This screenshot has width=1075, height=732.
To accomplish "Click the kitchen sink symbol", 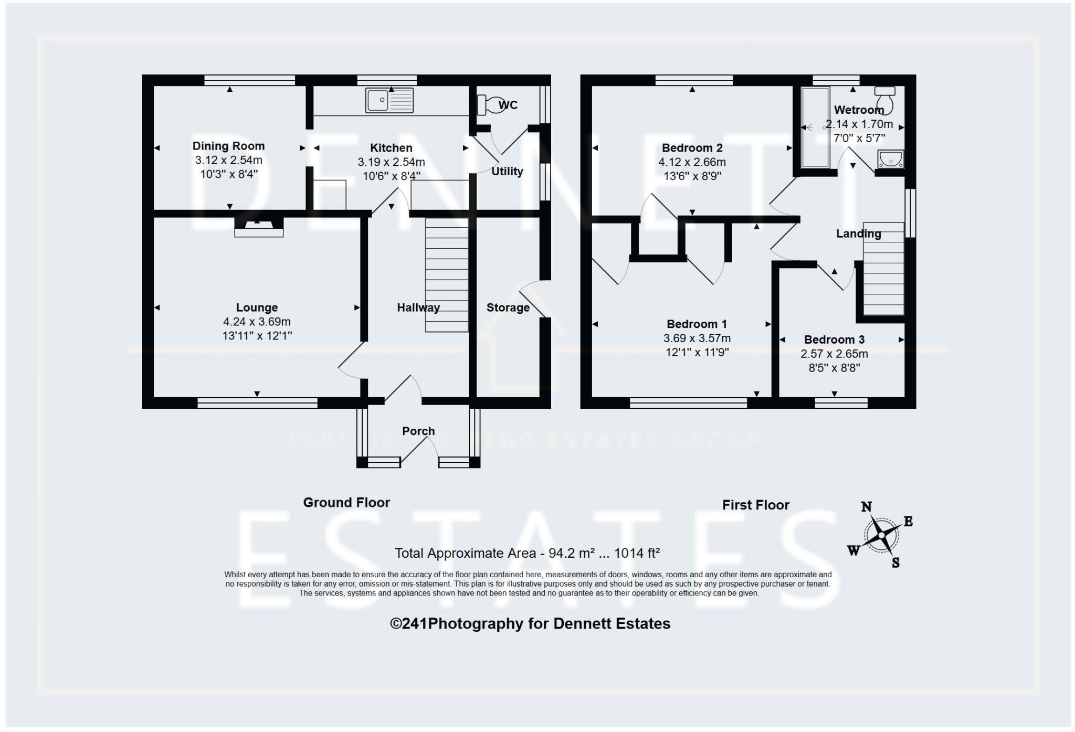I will tap(389, 100).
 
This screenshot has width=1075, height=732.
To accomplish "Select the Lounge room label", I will tap(257, 307).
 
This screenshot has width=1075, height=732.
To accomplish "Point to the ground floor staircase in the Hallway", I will tap(446, 275).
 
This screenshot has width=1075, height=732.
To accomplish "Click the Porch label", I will tap(418, 431).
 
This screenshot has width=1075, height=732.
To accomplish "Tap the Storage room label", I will tap(508, 307).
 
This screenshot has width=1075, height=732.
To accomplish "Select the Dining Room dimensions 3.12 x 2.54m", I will tap(228, 160).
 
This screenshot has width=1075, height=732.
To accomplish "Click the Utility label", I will tap(507, 172).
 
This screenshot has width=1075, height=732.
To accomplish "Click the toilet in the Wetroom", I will tap(885, 98).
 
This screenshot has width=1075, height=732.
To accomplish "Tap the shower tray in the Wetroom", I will tap(815, 128).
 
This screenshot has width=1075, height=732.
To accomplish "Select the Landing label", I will tap(858, 234).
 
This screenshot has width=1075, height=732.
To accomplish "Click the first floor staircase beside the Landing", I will tap(883, 270).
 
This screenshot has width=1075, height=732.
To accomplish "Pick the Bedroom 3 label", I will tap(834, 340).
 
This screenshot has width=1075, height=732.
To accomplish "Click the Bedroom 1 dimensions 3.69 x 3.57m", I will tap(697, 338).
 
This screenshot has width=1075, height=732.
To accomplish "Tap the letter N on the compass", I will tap(867, 506).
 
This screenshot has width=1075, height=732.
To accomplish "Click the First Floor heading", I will tap(755, 505).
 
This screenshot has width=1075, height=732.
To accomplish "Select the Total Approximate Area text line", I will tap(526, 553).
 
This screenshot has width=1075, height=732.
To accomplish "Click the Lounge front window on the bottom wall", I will tap(257, 402).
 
